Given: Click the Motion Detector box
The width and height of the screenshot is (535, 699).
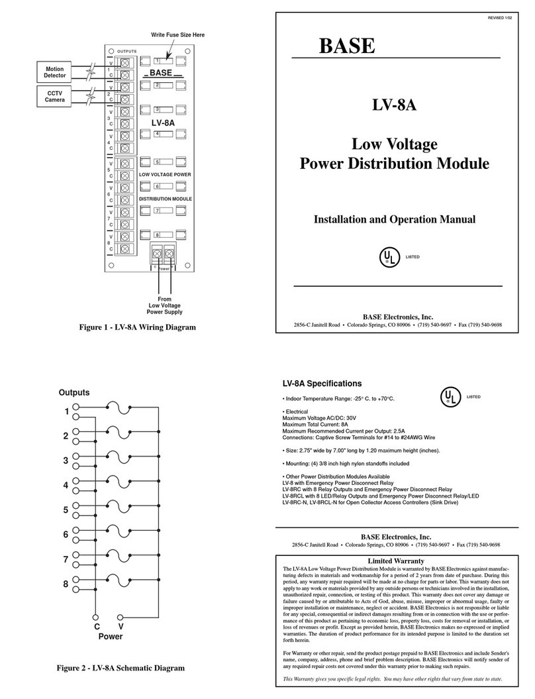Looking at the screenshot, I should point(55,72).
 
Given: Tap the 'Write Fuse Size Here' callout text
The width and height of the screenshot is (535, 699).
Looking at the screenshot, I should point(177,34).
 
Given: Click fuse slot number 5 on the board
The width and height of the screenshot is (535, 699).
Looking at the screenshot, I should point(166,162).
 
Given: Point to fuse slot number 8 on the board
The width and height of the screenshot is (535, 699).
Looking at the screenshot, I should point(166,235).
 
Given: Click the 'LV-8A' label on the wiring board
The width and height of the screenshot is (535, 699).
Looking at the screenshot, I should point(162,123).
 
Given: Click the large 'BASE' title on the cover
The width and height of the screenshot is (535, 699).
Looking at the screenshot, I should point(348,46).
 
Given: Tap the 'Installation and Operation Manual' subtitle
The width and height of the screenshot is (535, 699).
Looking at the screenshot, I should point(395,219).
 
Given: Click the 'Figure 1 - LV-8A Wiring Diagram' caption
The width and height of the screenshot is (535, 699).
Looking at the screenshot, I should point(138,327).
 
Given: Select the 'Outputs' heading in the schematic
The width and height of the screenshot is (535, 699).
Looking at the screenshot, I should point(73,392).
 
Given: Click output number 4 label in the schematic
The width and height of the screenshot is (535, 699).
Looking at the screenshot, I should point(66,485).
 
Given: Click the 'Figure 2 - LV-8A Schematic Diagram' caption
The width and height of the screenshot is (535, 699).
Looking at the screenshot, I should point(121,668).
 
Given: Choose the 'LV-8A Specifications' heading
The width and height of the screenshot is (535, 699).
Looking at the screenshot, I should point(322,384).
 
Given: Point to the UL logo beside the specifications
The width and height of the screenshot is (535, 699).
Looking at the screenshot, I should point(450,397).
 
